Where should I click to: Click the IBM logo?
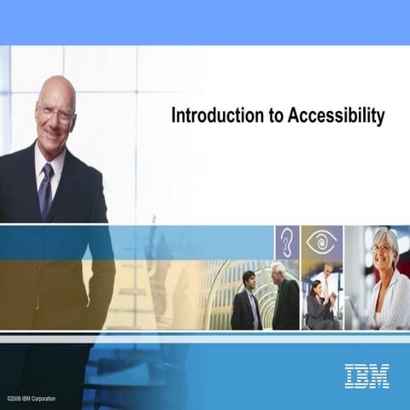(366, 375)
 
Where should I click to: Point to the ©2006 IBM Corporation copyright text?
(32, 398)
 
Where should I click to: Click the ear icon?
(286, 242)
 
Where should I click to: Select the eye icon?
(321, 242)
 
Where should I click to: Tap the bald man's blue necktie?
(46, 190)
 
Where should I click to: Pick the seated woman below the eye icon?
(316, 306)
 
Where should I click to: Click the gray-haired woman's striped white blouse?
(389, 303)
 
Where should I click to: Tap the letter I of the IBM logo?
(349, 375)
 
